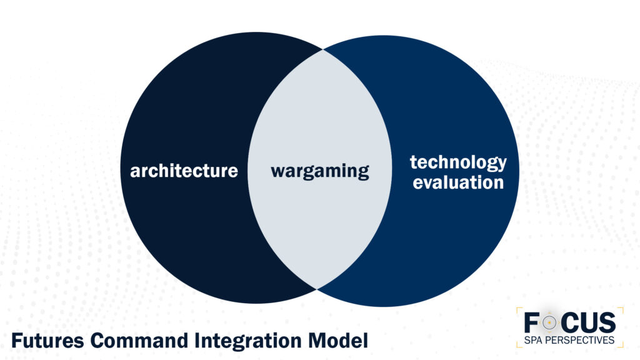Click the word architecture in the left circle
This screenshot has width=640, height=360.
click(184, 171)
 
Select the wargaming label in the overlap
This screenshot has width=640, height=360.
click(319, 171)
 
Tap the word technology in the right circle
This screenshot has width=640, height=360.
click(458, 162)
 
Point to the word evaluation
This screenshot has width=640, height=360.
click(458, 182)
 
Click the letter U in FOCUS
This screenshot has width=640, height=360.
click(589, 322)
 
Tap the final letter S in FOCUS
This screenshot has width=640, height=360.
click(607, 322)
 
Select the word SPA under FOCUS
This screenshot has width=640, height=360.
click(534, 341)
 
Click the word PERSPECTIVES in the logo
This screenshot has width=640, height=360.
click(581, 341)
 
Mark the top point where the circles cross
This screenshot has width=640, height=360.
click(322, 50)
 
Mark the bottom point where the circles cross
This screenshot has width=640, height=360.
click(317, 288)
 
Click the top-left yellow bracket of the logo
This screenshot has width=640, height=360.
click(519, 309)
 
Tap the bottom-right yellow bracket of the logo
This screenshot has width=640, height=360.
click(621, 346)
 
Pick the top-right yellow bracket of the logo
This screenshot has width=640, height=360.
click(621, 309)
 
